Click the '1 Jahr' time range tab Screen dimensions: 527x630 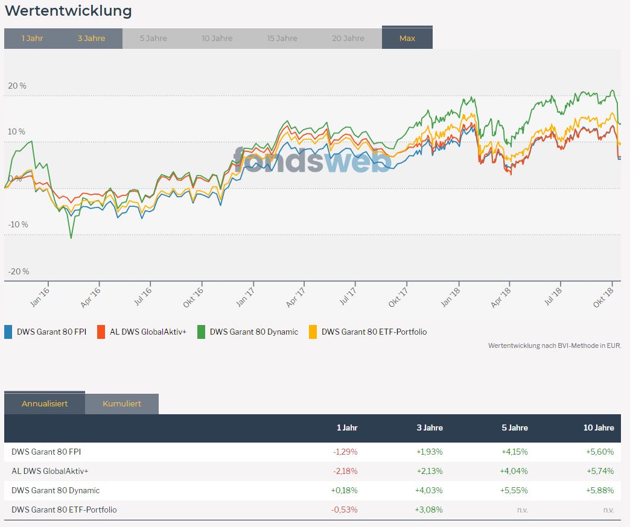pyautogui.click(x=33, y=38)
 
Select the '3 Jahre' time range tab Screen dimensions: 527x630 pyautogui.click(x=91, y=38)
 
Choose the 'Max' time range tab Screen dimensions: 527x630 pyautogui.click(x=407, y=38)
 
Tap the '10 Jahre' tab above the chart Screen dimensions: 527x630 pyautogui.click(x=217, y=38)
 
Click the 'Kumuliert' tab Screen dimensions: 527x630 pyautogui.click(x=122, y=403)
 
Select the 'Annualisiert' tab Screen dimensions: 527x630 pyautogui.click(x=45, y=403)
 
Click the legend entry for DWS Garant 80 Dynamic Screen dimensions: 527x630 pyautogui.click(x=253, y=332)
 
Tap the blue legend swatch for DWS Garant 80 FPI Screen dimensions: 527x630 pyautogui.click(x=8, y=332)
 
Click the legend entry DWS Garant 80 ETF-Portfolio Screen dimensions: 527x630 pyautogui.click(x=374, y=332)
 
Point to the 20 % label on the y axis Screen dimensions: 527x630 pyautogui.click(x=17, y=86)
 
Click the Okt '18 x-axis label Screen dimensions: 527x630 pyautogui.click(x=606, y=296)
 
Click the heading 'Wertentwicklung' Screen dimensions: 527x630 pyautogui.click(x=68, y=10)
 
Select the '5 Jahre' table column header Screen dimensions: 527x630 pyautogui.click(x=515, y=428)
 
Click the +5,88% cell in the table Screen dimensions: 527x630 pyautogui.click(x=599, y=490)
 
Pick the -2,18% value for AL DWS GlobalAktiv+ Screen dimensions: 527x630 pyautogui.click(x=345, y=471)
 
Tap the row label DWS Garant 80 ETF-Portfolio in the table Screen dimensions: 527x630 pyautogui.click(x=64, y=510)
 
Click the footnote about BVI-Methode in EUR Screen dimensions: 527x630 pyautogui.click(x=554, y=346)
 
